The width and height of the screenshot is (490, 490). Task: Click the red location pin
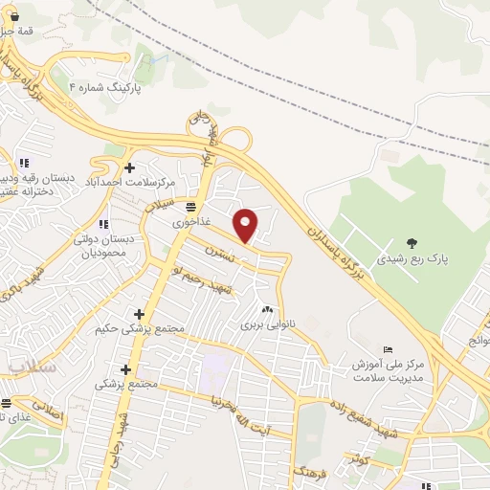[x=246, y=224]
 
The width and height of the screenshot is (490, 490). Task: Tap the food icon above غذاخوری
[x=191, y=207]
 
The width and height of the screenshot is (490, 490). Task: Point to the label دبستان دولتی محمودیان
[x=108, y=247]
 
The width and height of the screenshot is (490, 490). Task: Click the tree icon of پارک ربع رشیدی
[x=412, y=243]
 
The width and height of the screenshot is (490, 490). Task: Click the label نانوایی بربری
[x=265, y=325]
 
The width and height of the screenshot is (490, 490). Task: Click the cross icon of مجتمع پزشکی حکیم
[x=139, y=314]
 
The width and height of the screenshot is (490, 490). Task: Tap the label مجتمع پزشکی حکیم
[x=139, y=329]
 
